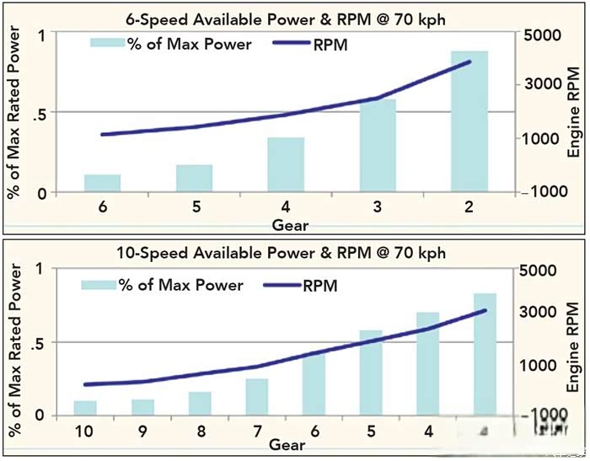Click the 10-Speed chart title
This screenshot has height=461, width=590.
(287, 252)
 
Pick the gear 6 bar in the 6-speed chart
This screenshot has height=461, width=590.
(103, 183)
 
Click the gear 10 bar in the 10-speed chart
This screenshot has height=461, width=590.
(85, 408)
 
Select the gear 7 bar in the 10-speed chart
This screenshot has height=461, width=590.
(257, 397)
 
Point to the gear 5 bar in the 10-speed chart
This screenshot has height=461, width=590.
(372, 373)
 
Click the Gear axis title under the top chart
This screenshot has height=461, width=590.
(290, 225)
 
